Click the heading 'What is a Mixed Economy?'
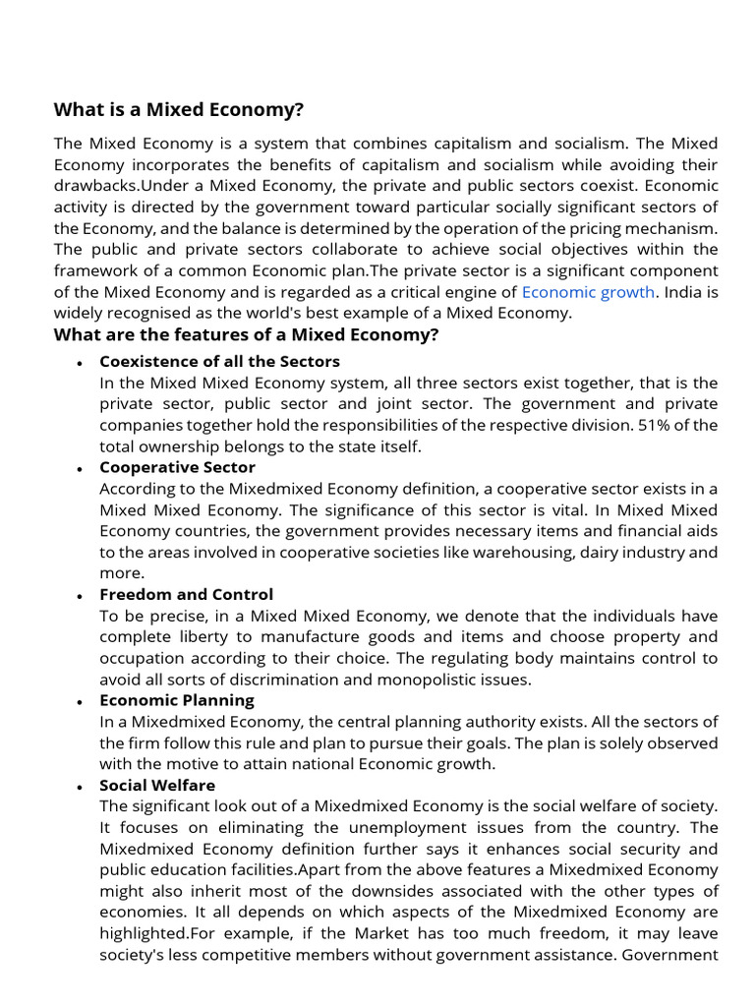(179, 109)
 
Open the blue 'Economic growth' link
(587, 292)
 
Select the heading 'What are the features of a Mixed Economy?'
(246, 335)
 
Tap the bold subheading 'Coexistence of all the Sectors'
(219, 361)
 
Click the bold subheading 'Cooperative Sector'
(177, 467)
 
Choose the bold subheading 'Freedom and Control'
(186, 594)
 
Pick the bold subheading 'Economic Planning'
(176, 700)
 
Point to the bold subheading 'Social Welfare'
(157, 785)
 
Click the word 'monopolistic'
(435, 680)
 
